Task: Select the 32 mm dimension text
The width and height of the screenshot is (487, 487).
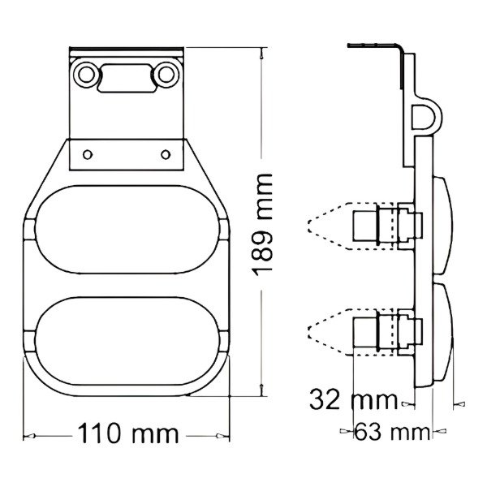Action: (353, 399)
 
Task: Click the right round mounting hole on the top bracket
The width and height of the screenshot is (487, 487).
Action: (166, 75)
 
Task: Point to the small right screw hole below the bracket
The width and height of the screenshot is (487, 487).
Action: (165, 153)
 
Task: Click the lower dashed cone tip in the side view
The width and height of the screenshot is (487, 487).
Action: (311, 330)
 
